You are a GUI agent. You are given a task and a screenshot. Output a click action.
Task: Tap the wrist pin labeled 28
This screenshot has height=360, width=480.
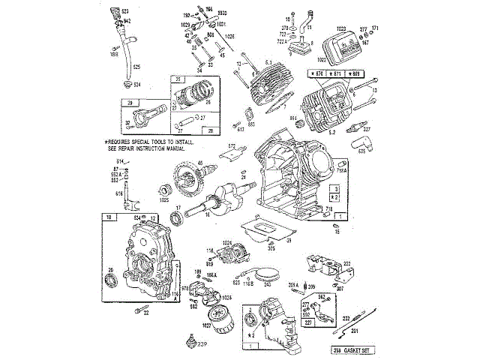(187, 119)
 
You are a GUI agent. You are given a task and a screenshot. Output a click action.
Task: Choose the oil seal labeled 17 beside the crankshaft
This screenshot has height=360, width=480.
(178, 218)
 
